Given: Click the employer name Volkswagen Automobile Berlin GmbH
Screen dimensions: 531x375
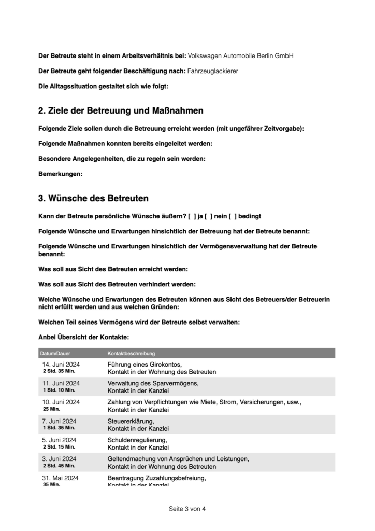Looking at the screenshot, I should coord(240,55).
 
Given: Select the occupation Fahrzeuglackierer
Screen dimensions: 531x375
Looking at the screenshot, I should coord(212,71).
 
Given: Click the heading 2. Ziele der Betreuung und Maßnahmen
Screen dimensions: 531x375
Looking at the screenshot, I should coord(121,110).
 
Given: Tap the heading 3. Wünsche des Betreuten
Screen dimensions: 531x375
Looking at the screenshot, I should coord(93,198).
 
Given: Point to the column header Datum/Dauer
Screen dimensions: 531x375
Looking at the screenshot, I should coord(56,353).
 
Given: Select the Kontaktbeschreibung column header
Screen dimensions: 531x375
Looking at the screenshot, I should coord(131,353).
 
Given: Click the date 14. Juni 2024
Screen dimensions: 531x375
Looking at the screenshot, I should coord(61,364).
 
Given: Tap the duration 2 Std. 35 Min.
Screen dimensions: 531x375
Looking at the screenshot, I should coord(59,371).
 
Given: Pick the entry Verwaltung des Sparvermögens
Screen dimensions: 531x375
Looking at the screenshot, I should coord(153,383).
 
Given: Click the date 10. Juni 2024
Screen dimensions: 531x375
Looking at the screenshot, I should coord(61,402).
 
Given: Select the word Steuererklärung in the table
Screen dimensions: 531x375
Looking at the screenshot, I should coord(131,421).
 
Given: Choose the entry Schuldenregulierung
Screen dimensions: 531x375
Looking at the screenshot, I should coord(133,440).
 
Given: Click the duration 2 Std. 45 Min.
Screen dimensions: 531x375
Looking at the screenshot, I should coord(59,466).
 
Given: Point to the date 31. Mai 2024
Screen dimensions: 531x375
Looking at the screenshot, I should coord(60,478).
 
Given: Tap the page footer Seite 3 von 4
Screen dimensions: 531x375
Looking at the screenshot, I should coord(187,509).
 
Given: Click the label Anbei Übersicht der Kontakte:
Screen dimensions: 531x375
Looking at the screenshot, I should coord(80,337).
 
